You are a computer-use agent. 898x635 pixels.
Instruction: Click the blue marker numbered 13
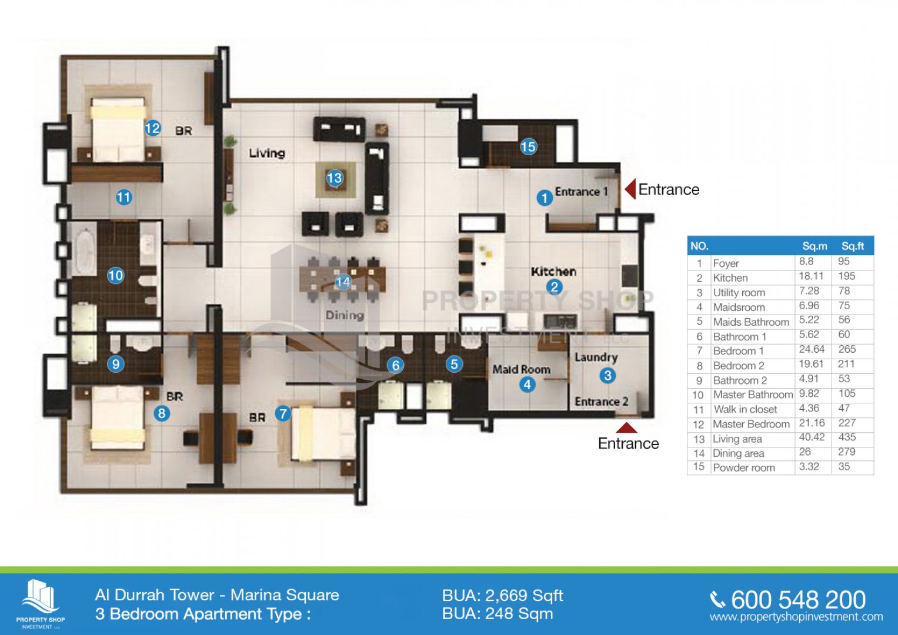[335, 178]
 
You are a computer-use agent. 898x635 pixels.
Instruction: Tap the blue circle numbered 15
[528, 147]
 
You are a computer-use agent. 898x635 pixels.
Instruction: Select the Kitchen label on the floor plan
[553, 272]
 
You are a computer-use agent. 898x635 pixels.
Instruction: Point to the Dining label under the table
[345, 315]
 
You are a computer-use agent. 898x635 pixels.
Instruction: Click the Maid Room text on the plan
[521, 369]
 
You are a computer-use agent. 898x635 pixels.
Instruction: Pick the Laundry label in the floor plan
[596, 357]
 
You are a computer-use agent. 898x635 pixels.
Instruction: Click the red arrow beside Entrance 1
[630, 189]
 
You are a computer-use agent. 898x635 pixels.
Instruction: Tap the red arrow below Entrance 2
[626, 428]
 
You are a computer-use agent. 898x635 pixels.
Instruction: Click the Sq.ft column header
[853, 246]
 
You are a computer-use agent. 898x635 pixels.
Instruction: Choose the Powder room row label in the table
[744, 468]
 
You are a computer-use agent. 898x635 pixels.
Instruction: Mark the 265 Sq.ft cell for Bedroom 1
[847, 349]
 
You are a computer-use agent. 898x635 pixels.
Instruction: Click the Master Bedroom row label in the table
[751, 424]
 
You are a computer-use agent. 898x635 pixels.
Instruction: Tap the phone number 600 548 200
[798, 600]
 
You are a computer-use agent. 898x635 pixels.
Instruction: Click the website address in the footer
[796, 617]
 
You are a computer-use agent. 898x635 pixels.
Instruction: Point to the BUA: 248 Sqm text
[498, 614]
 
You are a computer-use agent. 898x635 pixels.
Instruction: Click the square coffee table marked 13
[335, 179]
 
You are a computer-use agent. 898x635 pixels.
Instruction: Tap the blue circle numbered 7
[283, 413]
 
